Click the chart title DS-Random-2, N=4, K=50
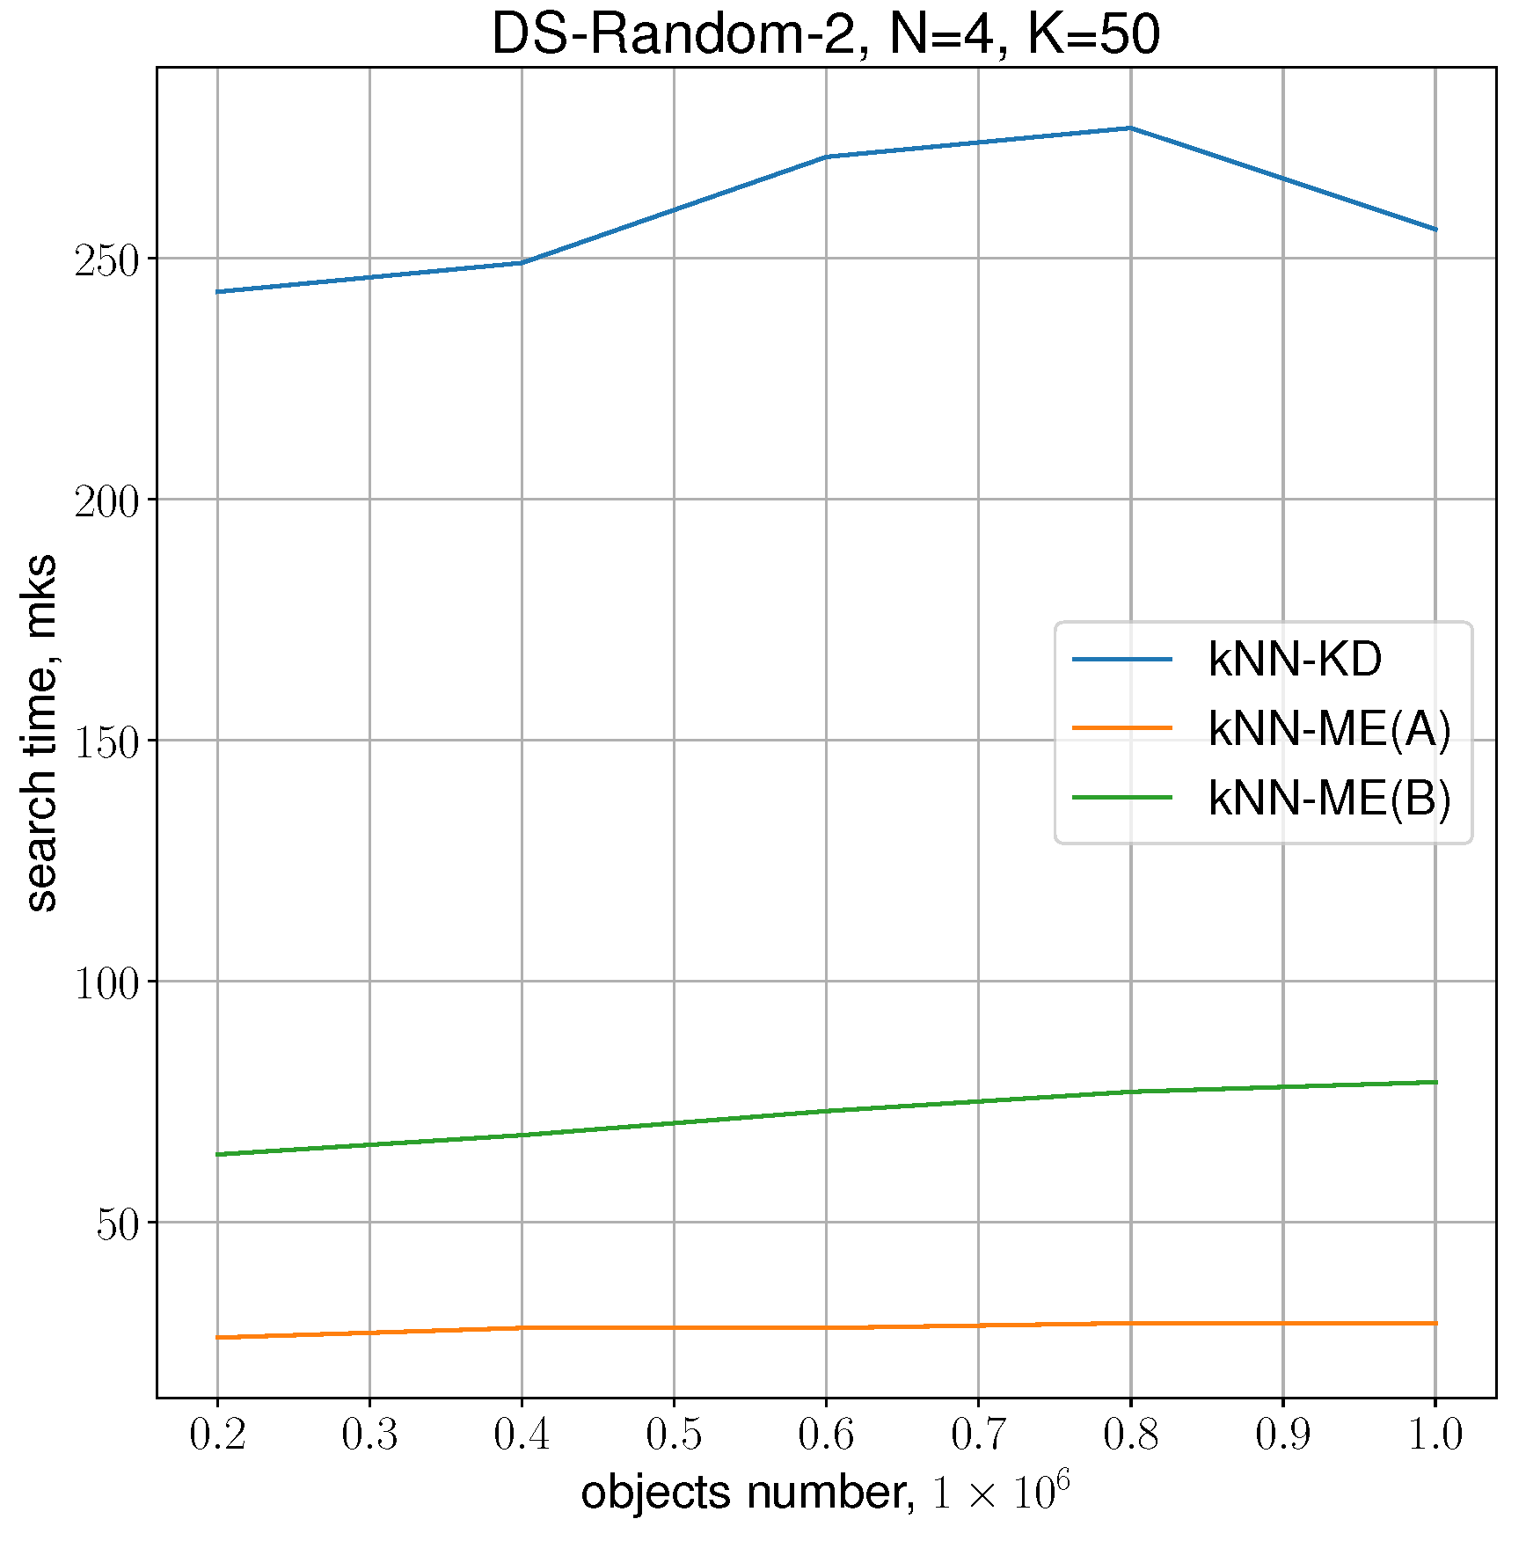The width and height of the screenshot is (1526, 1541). pos(825,35)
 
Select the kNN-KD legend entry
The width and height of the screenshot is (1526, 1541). pos(1295,660)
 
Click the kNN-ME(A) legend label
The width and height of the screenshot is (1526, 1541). pos(1328,728)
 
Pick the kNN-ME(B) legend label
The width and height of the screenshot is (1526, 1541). pos(1328,799)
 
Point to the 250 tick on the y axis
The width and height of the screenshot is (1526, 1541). pos(106,260)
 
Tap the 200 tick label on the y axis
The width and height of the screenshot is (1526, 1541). pos(106,501)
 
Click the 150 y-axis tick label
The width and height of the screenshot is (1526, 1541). pos(106,742)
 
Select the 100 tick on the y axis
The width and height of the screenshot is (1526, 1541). pos(106,983)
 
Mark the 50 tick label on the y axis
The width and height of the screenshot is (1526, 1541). pos(118,1224)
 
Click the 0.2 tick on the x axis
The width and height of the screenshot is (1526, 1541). pos(217,1435)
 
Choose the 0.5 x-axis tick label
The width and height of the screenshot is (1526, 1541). pos(674,1435)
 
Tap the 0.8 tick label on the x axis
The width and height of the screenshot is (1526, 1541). pos(1131,1435)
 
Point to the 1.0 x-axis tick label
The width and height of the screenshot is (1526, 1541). pos(1435,1435)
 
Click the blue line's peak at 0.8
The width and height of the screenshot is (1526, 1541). pos(1131,128)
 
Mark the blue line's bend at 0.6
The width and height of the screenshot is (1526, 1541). pos(827,157)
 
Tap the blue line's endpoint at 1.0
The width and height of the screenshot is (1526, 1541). pos(1435,230)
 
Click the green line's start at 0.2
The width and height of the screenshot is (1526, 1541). pos(217,1154)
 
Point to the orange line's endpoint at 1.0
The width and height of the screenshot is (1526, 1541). pos(1435,1323)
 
